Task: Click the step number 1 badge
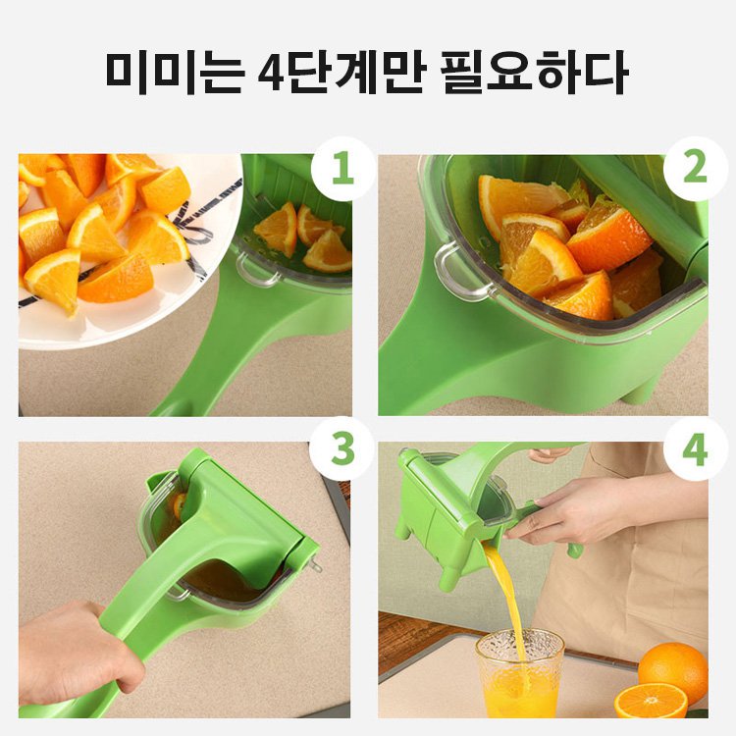point(342,170)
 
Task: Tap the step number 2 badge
point(695,170)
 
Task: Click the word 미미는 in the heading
point(167,71)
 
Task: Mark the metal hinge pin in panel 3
point(314,567)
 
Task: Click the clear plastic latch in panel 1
point(257,269)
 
